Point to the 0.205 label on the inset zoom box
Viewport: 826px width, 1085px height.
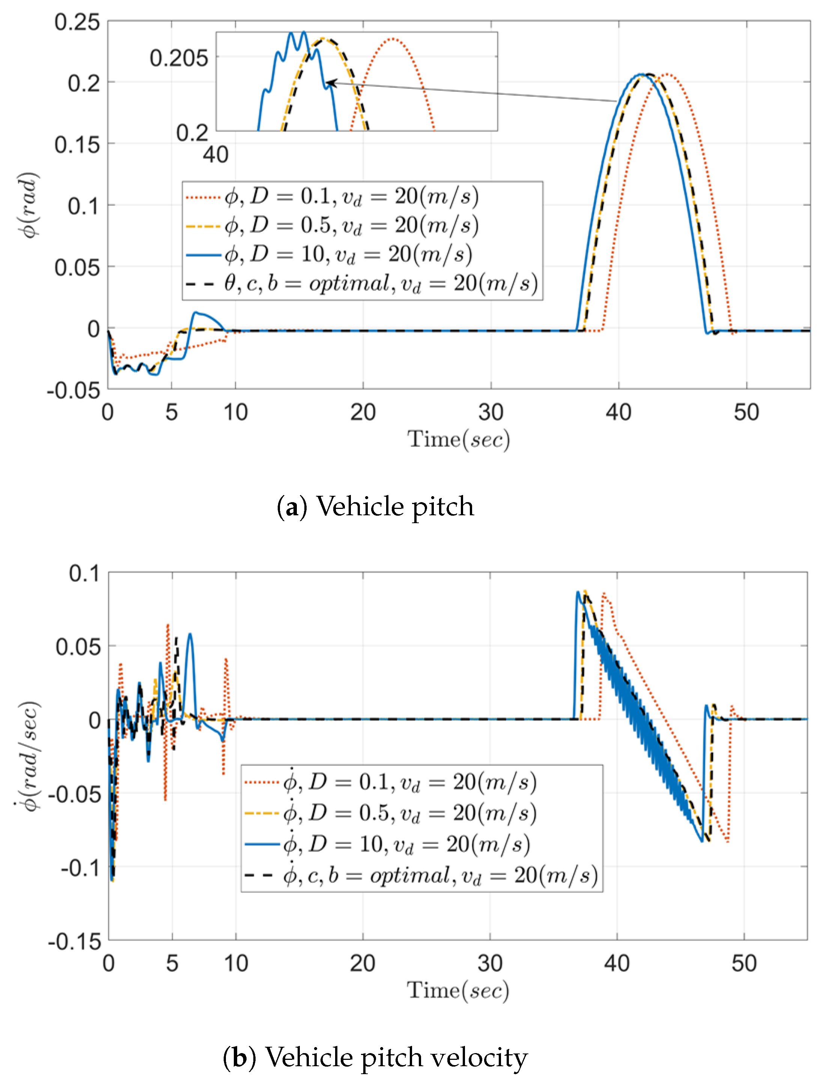click(x=179, y=59)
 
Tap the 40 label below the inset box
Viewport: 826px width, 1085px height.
click(x=215, y=155)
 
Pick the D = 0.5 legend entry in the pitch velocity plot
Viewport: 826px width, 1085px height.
click(x=409, y=813)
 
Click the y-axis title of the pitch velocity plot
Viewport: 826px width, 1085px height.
click(x=29, y=756)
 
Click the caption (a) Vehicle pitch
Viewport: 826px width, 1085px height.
click(x=376, y=506)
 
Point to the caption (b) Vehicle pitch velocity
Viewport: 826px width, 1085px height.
click(x=376, y=1057)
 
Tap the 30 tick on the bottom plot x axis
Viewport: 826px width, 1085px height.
click(x=490, y=963)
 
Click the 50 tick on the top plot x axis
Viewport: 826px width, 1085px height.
click(x=746, y=412)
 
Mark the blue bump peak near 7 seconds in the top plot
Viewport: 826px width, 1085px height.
click(x=196, y=313)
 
